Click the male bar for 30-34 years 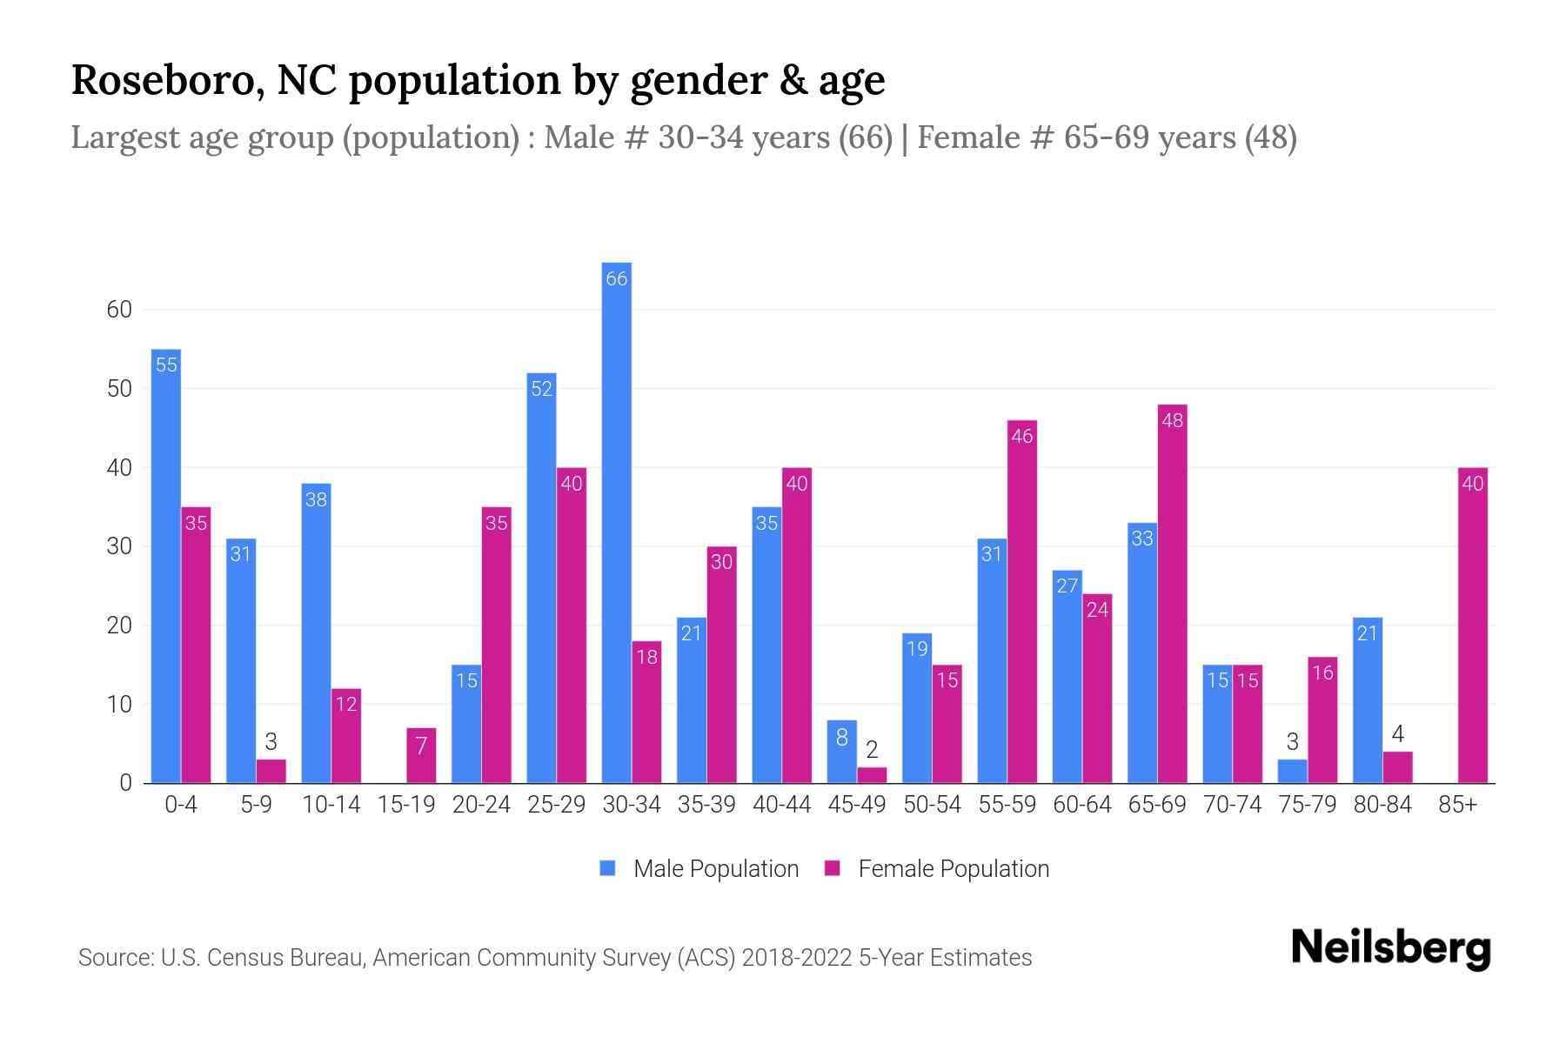(x=616, y=522)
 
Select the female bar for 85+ (x=1472, y=626)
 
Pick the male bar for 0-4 (x=166, y=565)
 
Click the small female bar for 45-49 (x=872, y=775)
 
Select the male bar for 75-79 (x=1292, y=772)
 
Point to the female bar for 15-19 (x=421, y=755)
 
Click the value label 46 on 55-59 (x=1021, y=436)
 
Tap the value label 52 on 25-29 (x=541, y=389)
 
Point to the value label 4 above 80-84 (x=1397, y=733)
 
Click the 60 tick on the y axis (x=119, y=310)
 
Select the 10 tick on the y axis (x=119, y=705)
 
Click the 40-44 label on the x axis (x=781, y=805)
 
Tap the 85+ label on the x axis (x=1457, y=805)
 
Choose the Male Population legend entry (x=715, y=869)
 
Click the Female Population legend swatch (x=833, y=868)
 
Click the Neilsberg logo (x=1390, y=948)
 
